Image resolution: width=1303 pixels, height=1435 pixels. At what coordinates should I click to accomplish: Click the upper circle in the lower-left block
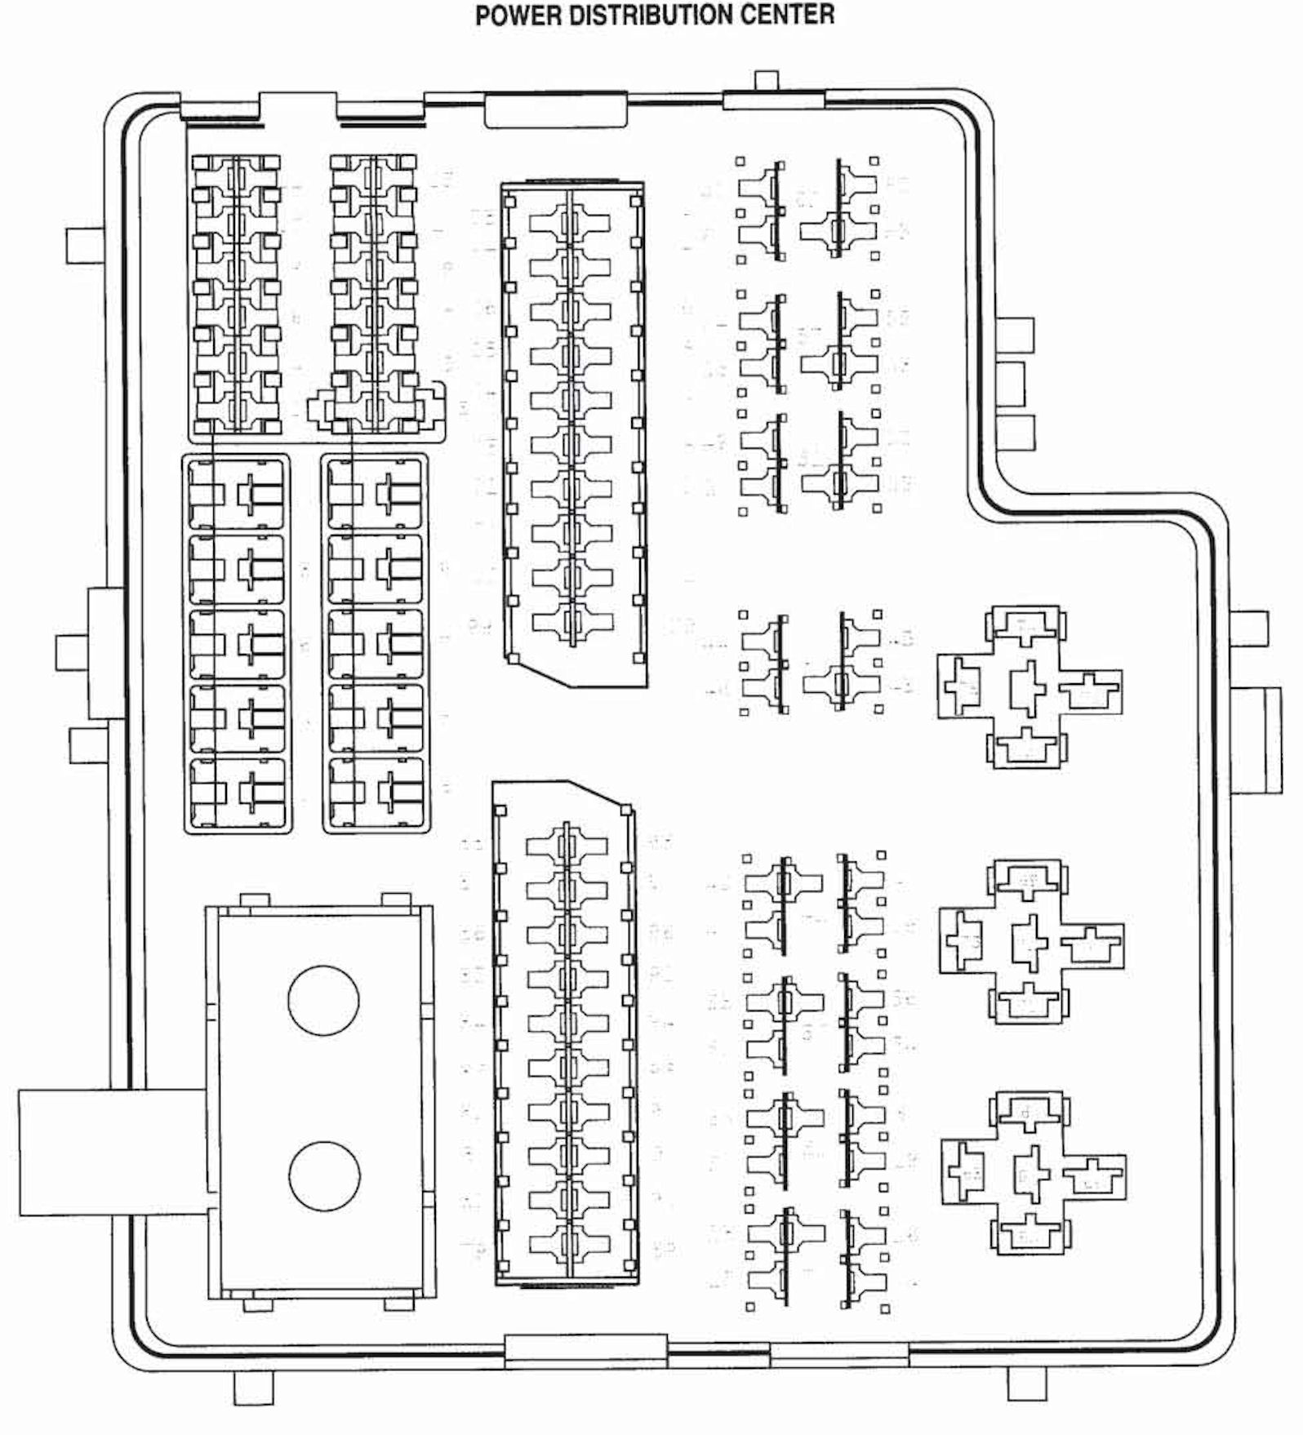tap(323, 1000)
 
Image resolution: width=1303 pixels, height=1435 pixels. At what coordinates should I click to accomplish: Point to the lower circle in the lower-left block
tap(324, 1176)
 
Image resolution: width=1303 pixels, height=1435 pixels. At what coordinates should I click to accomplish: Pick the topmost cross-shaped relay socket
tap(1028, 686)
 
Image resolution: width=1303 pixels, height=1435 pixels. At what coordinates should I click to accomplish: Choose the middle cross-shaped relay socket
tap(1030, 940)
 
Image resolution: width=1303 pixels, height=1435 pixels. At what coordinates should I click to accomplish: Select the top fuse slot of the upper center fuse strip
tap(571, 222)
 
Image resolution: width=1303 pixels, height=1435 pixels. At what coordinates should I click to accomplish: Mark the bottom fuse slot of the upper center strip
tap(571, 623)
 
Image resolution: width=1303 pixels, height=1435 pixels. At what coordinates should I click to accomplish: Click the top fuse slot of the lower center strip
tap(567, 846)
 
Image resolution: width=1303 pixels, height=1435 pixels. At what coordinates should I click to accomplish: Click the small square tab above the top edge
tap(766, 80)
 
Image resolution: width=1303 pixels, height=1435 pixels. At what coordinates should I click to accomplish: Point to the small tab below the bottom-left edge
tap(253, 1387)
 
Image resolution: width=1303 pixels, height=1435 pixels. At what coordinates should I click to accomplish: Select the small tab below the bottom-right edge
tap(1026, 1383)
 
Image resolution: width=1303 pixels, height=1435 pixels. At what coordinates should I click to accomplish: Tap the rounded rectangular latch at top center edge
tap(556, 110)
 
